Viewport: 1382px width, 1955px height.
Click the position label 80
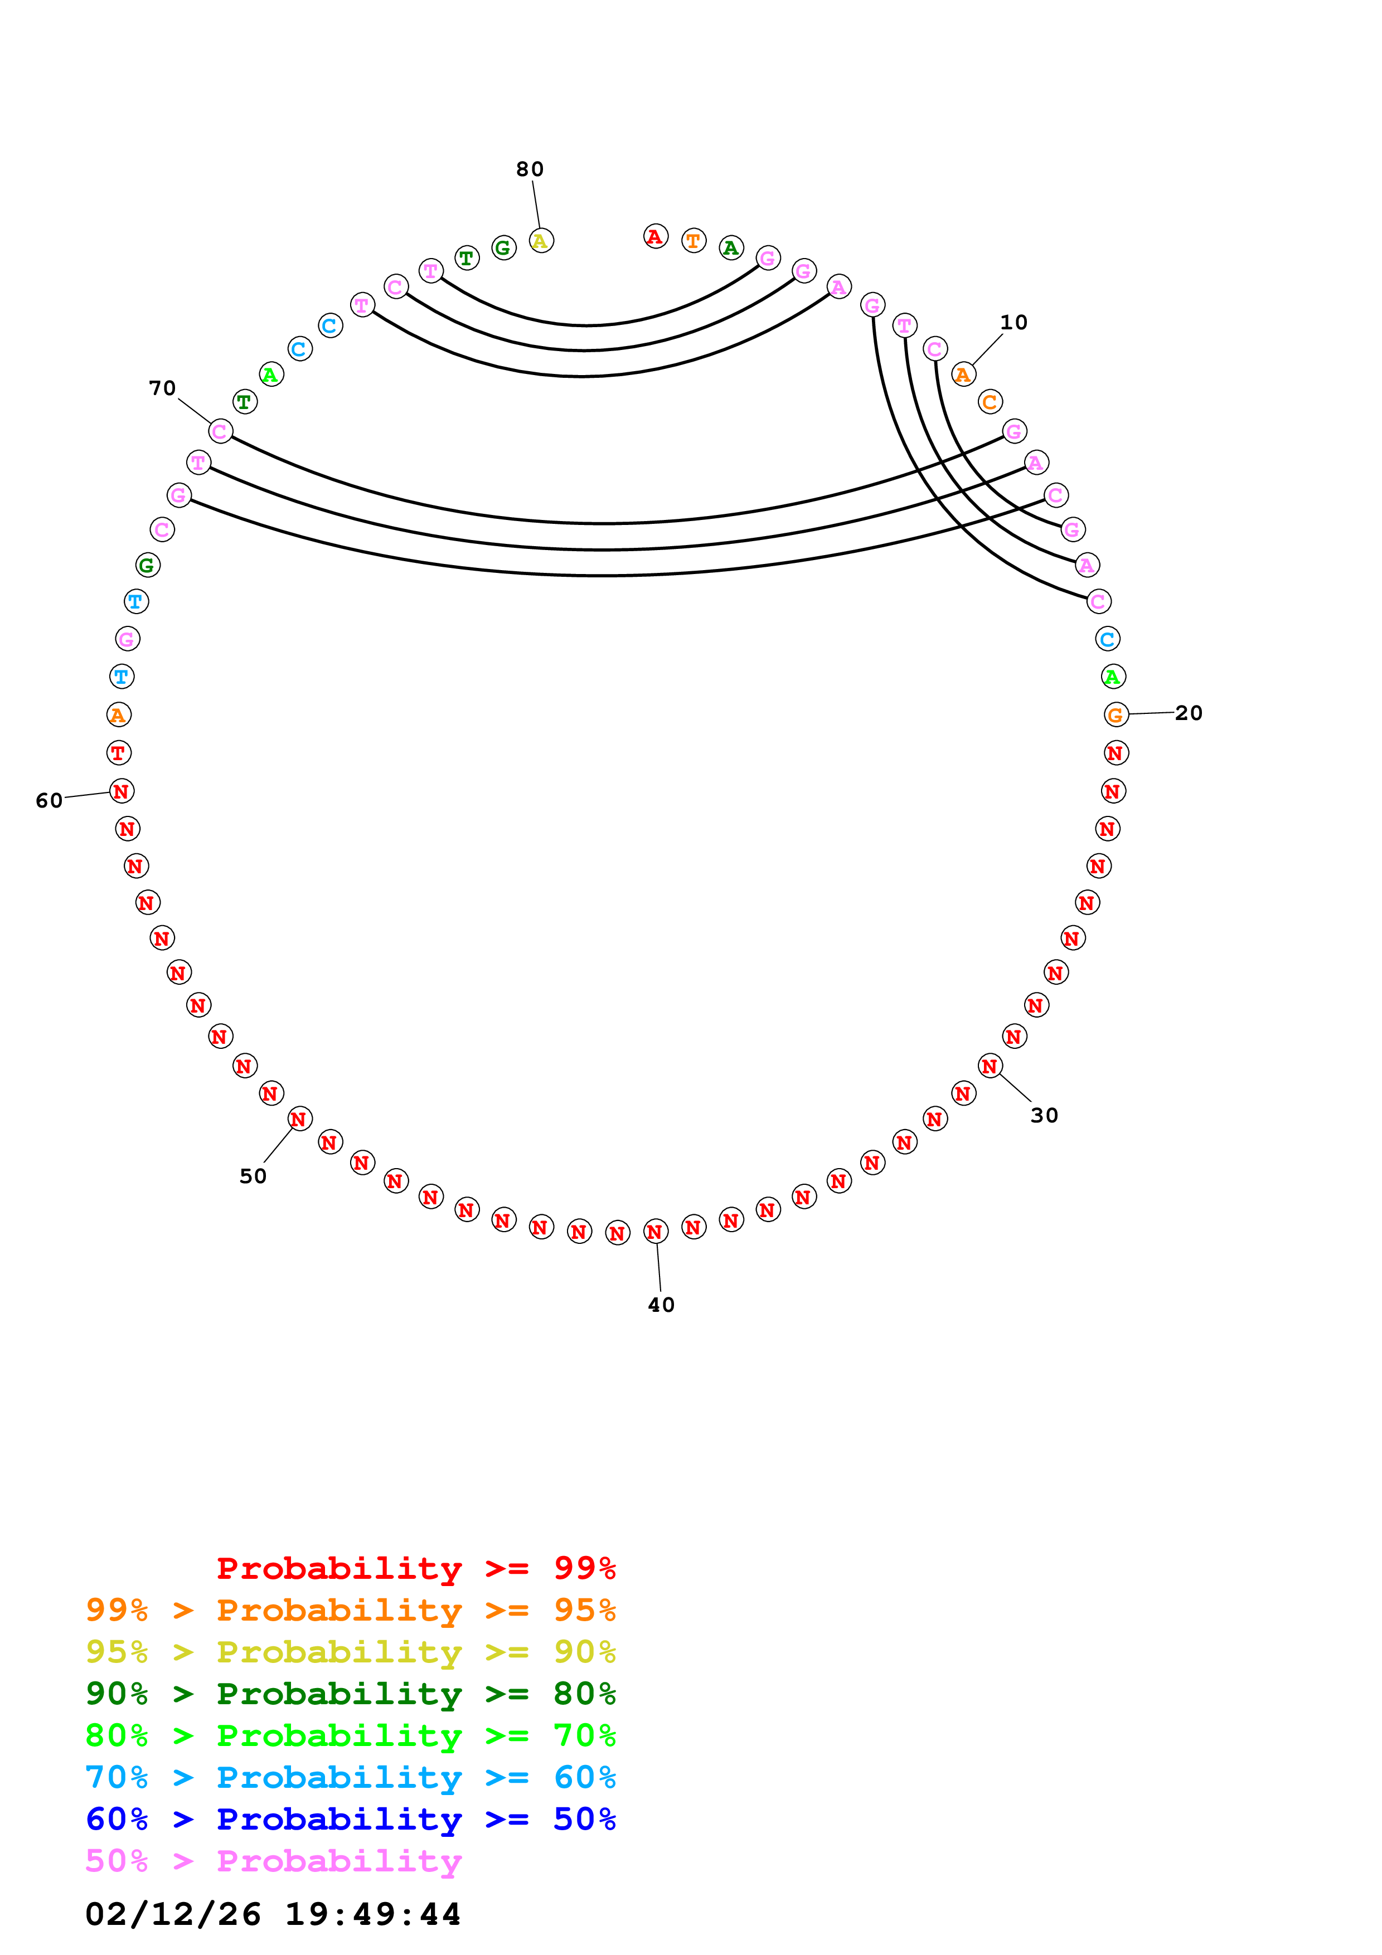click(530, 169)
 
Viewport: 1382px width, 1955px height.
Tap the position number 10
click(1014, 323)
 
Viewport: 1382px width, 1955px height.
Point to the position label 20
click(1189, 713)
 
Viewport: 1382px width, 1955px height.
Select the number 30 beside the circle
click(1044, 1116)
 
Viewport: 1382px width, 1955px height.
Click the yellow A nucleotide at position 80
click(541, 241)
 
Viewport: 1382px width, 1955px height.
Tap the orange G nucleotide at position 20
click(1116, 714)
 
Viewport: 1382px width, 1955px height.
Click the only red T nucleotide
click(118, 753)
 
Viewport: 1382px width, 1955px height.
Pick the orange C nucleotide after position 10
click(990, 402)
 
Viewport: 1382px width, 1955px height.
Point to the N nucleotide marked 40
click(655, 1231)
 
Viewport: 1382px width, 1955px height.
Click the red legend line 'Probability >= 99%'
click(415, 1568)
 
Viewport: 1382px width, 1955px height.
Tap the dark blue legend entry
click(350, 1820)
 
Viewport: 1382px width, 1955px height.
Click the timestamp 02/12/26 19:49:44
click(273, 1914)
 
